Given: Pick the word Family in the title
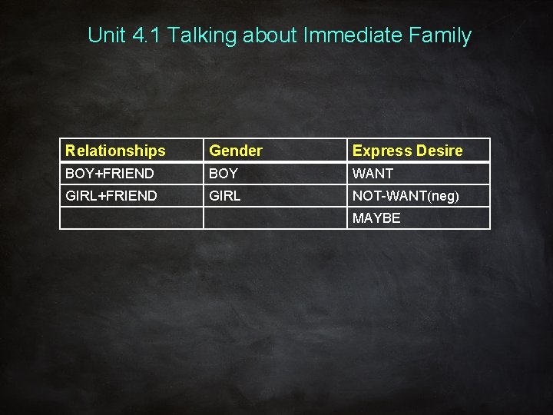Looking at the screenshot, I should (442, 36).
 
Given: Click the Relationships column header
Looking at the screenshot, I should (115, 151).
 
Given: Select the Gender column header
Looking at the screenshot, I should (236, 151).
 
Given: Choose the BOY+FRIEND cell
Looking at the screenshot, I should (110, 174).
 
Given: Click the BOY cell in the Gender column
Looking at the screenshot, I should (224, 174).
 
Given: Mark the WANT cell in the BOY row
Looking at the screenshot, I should (373, 174).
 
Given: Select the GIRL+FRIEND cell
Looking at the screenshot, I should (111, 196).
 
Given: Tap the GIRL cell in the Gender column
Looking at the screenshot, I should (226, 196).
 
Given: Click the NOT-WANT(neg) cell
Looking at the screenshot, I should (406, 196).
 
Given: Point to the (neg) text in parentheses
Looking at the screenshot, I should (444, 197).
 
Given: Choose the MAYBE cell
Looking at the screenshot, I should (376, 218).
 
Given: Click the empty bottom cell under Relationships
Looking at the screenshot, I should (131, 218).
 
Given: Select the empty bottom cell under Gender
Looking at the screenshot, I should (274, 218).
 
